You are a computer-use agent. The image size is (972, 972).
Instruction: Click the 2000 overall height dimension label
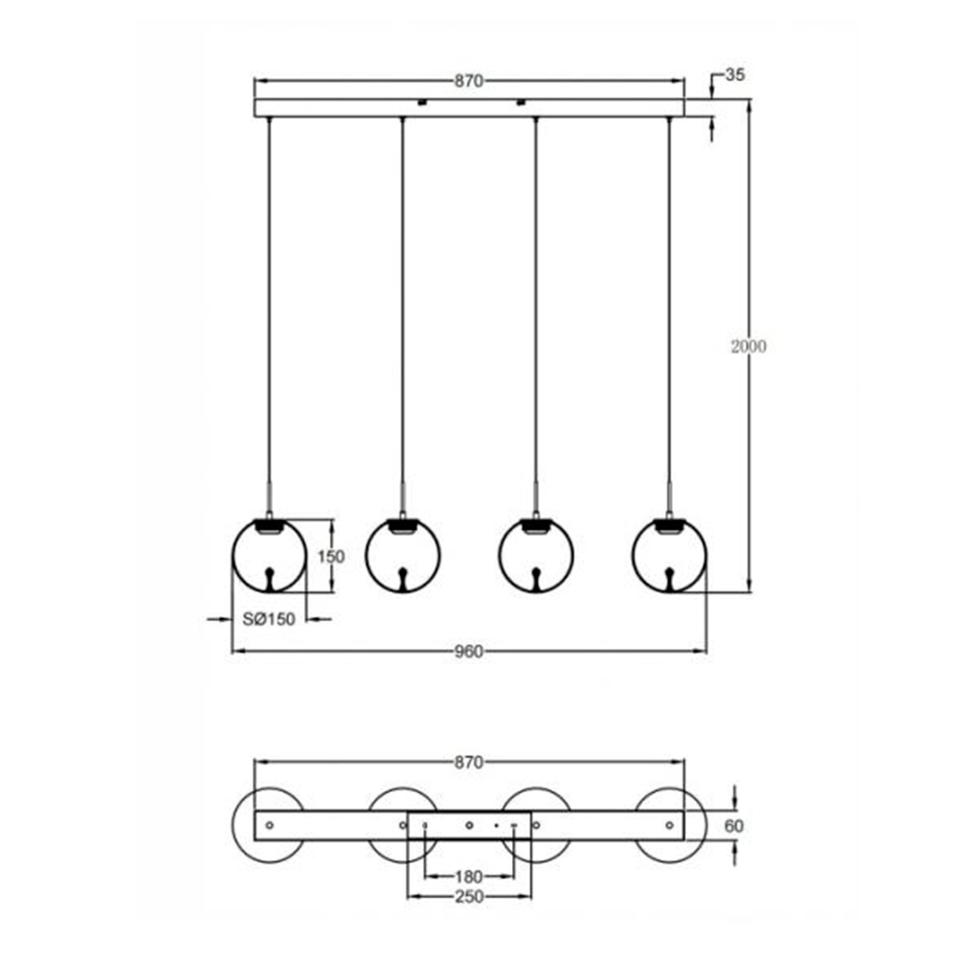click(x=748, y=347)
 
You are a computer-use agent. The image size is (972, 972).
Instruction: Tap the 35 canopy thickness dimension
click(x=735, y=75)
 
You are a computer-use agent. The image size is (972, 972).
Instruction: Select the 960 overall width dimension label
click(x=469, y=651)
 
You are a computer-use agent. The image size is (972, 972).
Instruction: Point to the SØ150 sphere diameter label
click(x=269, y=620)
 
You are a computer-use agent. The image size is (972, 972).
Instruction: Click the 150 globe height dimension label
click(x=330, y=557)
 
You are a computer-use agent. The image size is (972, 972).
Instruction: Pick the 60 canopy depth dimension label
click(x=735, y=826)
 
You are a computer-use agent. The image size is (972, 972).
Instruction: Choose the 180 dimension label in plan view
click(x=469, y=876)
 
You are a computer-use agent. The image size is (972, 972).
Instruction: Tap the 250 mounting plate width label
click(x=469, y=897)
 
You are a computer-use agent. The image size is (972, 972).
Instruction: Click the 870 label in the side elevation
click(x=469, y=81)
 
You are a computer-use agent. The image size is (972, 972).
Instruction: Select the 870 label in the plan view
click(x=469, y=762)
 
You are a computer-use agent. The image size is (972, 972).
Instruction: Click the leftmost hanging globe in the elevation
click(x=269, y=556)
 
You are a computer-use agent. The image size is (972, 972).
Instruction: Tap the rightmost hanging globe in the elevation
click(x=669, y=556)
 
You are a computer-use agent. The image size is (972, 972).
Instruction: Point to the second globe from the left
click(x=403, y=556)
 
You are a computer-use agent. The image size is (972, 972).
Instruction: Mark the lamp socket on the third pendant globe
click(x=535, y=526)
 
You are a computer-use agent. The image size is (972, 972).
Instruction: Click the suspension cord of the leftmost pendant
click(x=269, y=308)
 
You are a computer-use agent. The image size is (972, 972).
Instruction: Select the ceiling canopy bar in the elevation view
click(x=469, y=109)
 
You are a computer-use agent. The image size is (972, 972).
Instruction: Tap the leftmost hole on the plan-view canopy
click(x=270, y=825)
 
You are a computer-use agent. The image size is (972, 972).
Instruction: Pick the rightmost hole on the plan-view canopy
click(x=669, y=825)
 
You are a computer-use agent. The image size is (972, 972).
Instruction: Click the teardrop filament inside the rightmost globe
click(x=669, y=578)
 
